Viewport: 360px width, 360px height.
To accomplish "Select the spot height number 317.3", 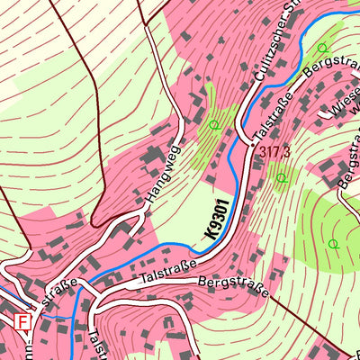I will [x=274, y=152].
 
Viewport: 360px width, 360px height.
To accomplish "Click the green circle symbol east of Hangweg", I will [x=213, y=124].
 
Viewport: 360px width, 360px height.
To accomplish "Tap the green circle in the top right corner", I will [x=321, y=47].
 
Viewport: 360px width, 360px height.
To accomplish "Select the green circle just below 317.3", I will [x=282, y=178].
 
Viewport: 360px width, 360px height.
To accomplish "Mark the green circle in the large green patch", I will [x=333, y=244].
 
